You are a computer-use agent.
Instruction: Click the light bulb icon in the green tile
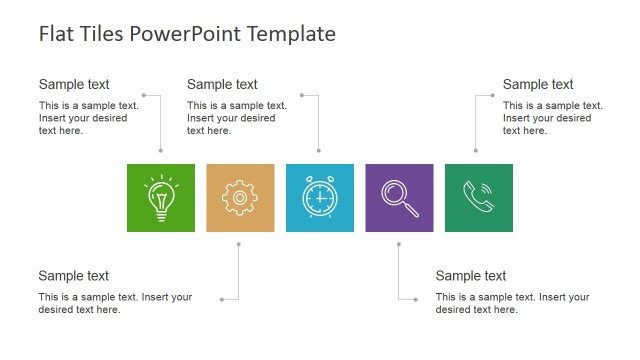pos(160,198)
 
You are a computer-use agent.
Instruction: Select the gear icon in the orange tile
pos(240,198)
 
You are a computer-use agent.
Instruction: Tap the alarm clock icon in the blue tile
pos(319,198)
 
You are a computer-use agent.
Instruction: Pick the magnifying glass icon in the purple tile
pos(399,197)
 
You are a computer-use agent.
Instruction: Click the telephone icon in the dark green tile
pos(478,198)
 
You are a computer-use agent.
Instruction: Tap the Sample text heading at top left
pos(74,85)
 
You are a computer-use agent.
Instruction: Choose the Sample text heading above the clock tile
pos(222,85)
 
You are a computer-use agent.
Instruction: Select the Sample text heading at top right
pos(538,85)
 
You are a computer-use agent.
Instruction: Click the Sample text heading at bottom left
pos(74,276)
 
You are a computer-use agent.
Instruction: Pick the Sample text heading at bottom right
pos(471,276)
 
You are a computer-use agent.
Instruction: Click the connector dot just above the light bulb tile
pos(160,152)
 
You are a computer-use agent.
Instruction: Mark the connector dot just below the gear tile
pos(240,244)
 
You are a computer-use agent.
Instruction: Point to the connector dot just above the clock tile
pos(319,152)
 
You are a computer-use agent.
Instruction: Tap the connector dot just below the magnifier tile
pos(399,244)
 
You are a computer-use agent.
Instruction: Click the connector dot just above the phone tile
pos(476,152)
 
